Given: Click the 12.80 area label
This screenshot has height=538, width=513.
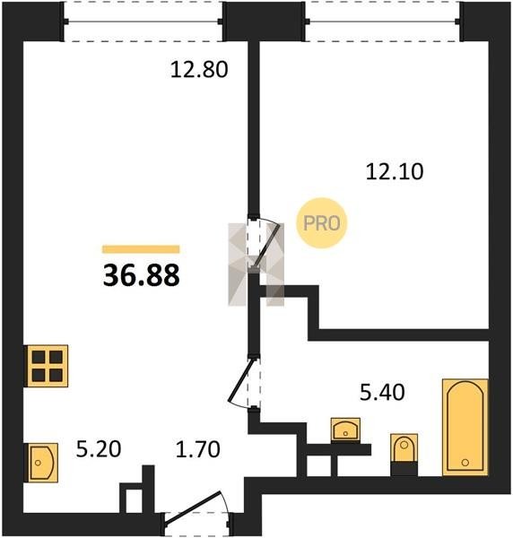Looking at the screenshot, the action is tap(199, 70).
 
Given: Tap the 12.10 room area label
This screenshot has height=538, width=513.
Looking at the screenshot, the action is tap(395, 171).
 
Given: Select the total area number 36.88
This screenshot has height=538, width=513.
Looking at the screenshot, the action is tap(141, 275).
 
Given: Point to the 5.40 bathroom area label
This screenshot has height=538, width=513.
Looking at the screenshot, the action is tap(382, 393).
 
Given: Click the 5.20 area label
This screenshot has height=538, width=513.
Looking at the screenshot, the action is tap(99, 449).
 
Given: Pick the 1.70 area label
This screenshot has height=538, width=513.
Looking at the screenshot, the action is tap(197, 449).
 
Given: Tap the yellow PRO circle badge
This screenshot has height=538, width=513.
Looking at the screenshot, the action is tap(322, 223).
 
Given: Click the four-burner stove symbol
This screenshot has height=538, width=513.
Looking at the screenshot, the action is tap(47, 366).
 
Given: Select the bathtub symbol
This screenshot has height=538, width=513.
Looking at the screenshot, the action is tap(465, 427).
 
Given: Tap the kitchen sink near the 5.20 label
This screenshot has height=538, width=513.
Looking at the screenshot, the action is tap(41, 463).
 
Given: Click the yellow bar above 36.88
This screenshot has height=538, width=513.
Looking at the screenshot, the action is tap(141, 249).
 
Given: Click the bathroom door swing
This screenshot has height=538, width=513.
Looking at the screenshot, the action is tap(242, 383).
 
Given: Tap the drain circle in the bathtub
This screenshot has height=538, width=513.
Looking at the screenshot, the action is tap(465, 463).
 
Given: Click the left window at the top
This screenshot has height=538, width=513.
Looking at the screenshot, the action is tap(143, 22).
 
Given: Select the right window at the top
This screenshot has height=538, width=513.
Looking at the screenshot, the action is tap(382, 22).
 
